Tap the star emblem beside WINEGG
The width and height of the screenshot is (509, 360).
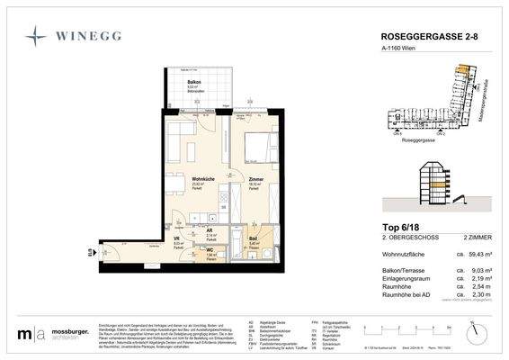click(x=35, y=37)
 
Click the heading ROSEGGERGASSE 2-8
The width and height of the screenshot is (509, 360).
click(x=417, y=37)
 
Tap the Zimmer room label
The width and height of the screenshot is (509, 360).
click(x=256, y=179)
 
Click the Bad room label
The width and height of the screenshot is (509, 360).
click(x=253, y=239)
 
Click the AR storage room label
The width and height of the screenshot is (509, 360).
click(x=209, y=229)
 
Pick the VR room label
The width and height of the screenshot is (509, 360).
click(x=177, y=240)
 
